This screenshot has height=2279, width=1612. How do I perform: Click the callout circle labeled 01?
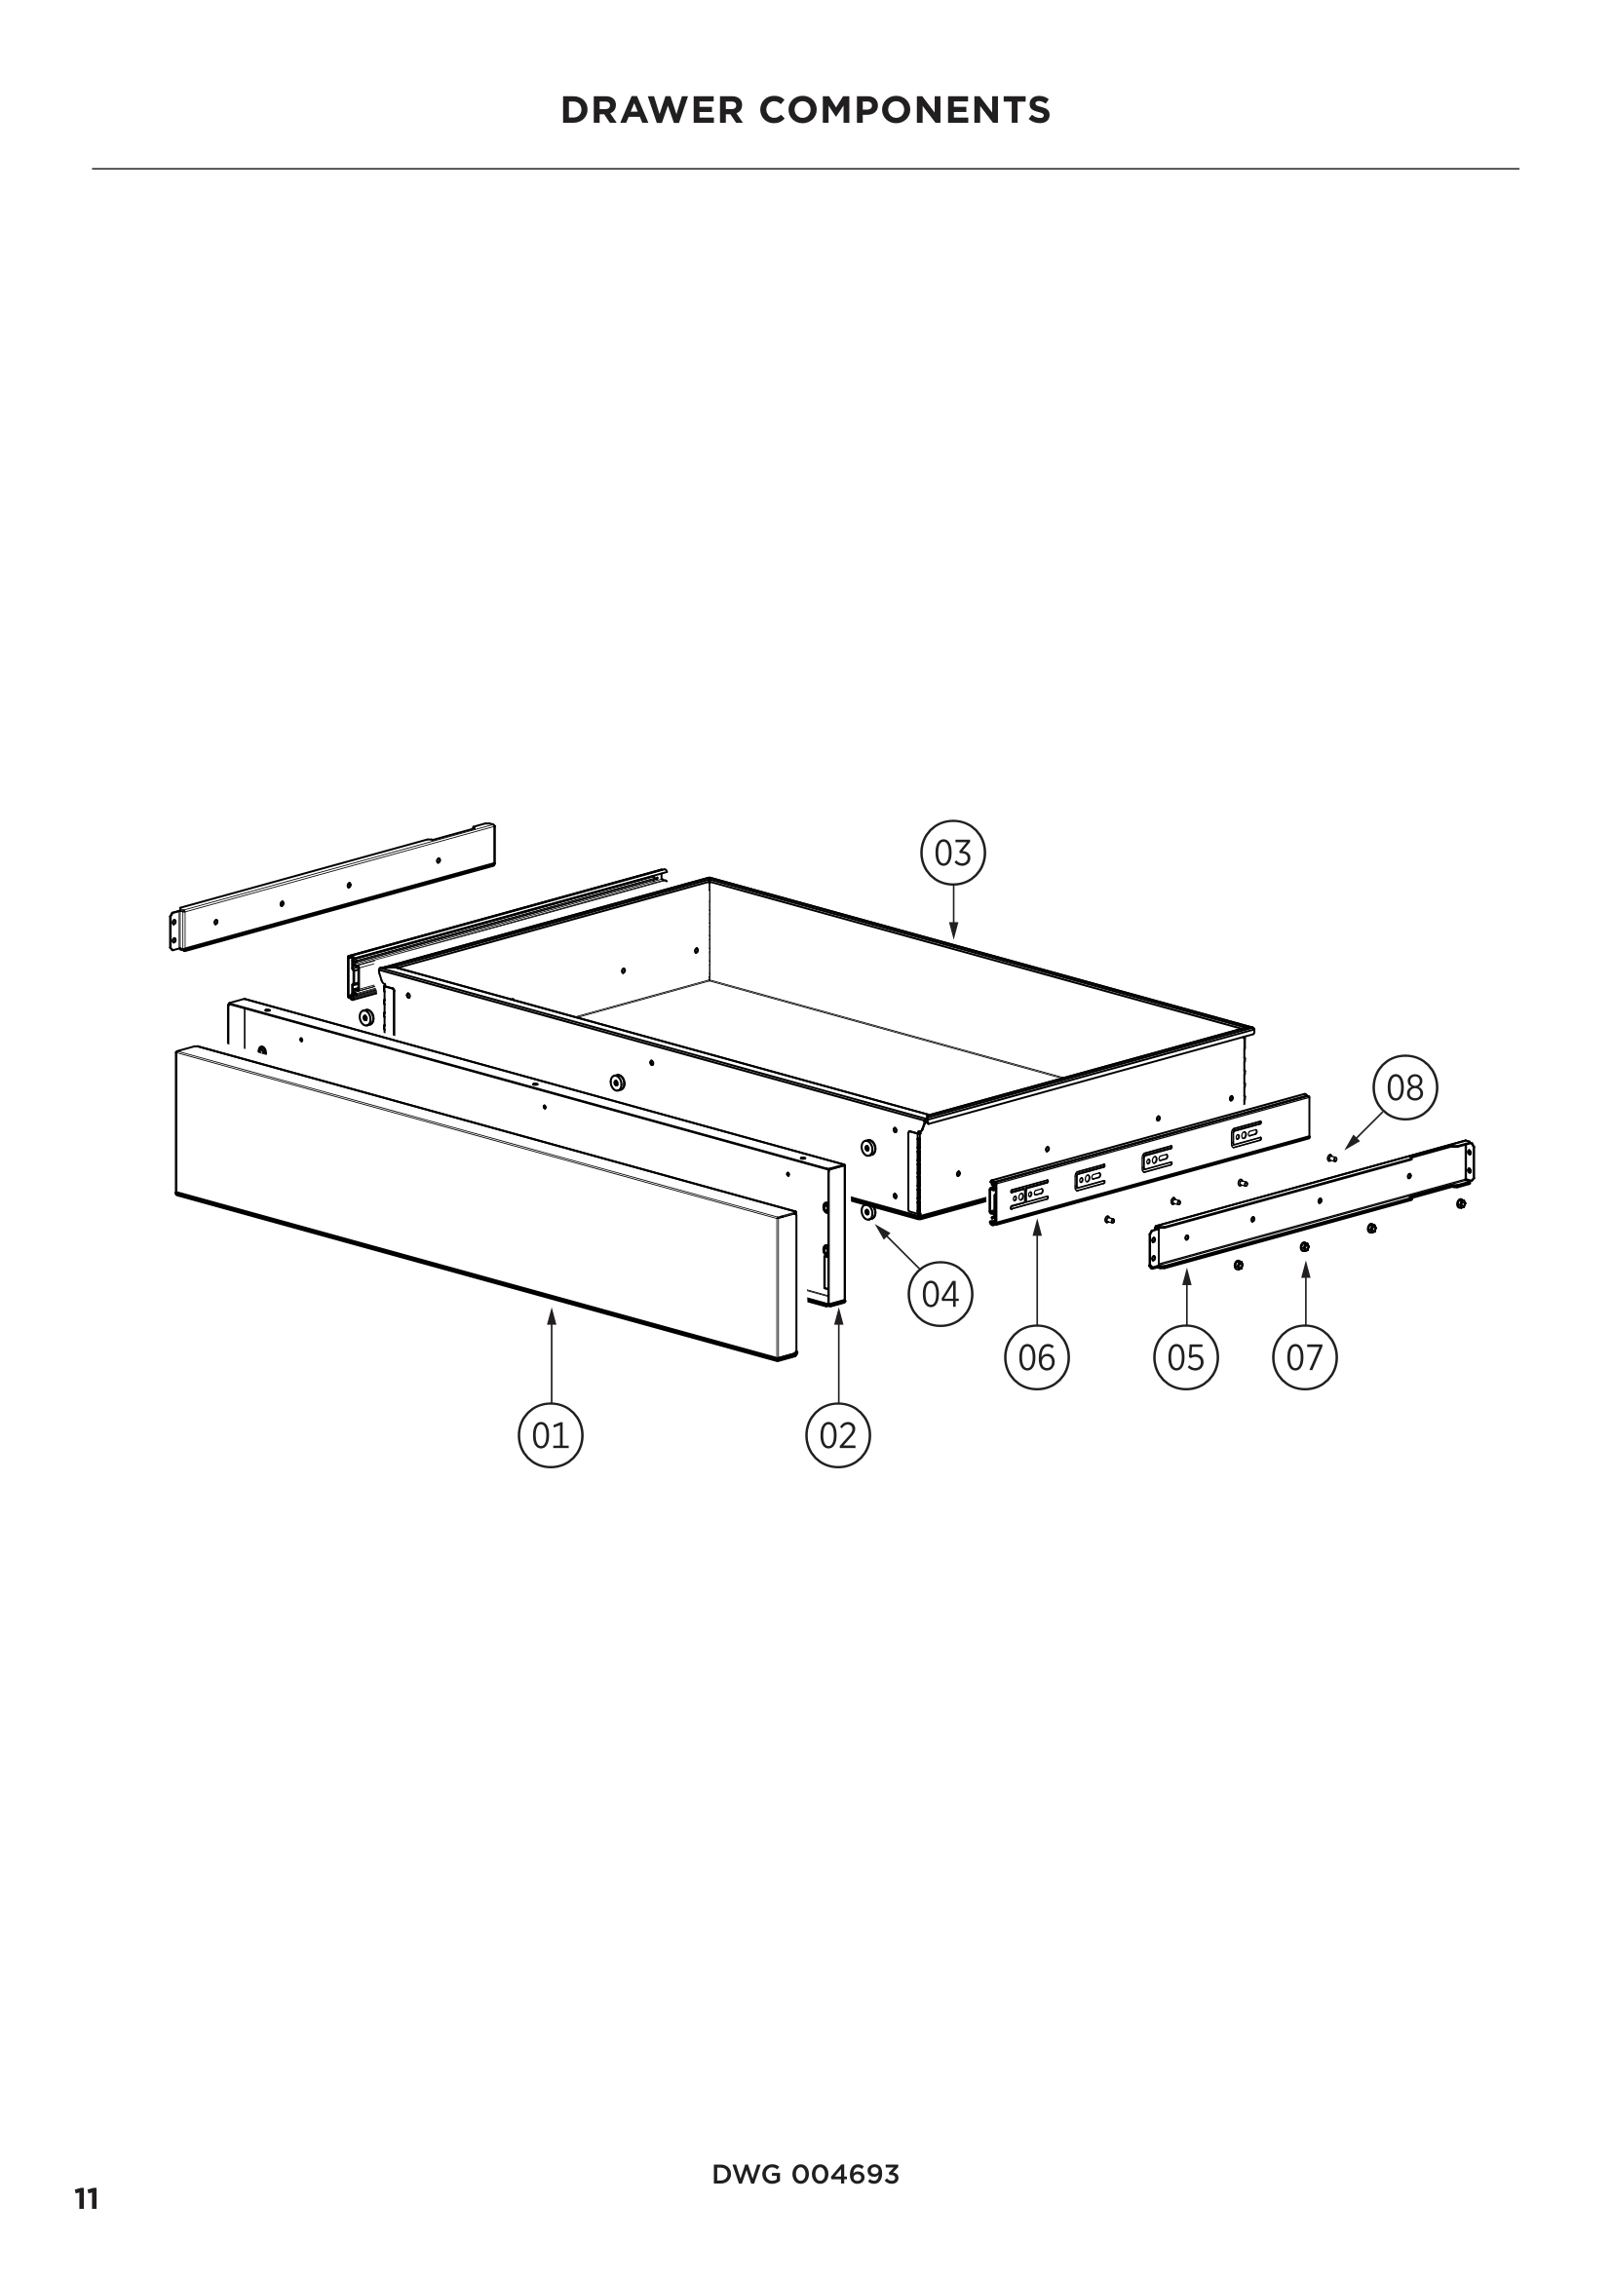point(551,1435)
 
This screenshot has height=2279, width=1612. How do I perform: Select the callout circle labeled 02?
point(838,1435)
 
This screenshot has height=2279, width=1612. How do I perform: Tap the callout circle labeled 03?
point(953,853)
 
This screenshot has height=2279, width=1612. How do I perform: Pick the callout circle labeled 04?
point(940,1293)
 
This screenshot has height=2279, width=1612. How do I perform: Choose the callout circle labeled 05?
point(1185,1357)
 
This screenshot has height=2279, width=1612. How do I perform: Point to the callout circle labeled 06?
point(1036,1357)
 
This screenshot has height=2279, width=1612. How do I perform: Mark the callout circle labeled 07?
point(1304,1357)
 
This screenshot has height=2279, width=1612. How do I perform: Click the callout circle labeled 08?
point(1404,1088)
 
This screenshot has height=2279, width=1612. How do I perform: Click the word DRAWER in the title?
point(652,110)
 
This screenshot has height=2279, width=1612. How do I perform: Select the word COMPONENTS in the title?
point(905,110)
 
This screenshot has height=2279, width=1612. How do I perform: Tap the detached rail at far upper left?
point(332,887)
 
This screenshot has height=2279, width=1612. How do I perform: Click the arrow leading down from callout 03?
point(953,911)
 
